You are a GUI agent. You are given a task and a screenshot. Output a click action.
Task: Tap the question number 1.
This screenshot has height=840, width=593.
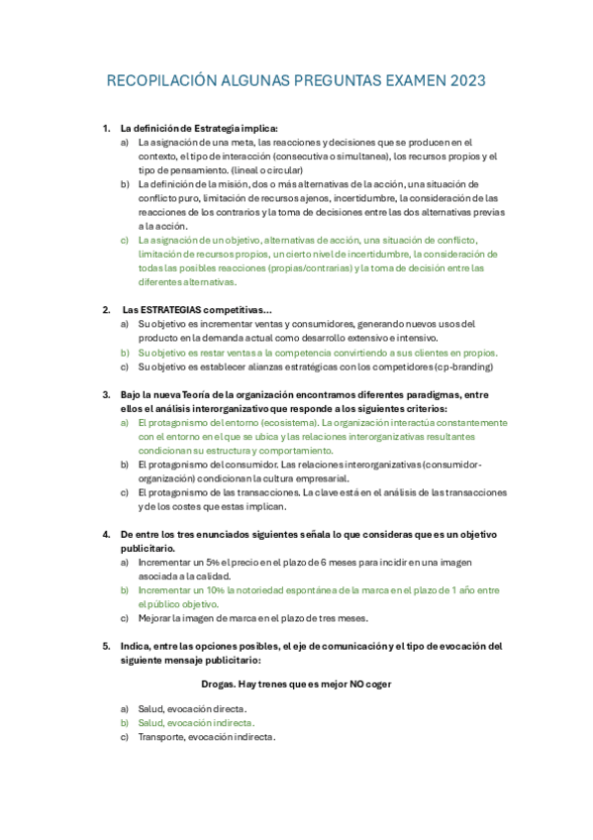[x=106, y=129]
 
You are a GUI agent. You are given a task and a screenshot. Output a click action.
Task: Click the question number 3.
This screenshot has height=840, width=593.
[x=106, y=394]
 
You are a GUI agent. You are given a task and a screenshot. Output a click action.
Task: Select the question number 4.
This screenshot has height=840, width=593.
[x=106, y=534]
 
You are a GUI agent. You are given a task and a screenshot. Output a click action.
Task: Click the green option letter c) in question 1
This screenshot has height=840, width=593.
[x=125, y=240]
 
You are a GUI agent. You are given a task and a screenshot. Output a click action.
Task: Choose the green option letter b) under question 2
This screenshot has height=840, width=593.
[x=125, y=352]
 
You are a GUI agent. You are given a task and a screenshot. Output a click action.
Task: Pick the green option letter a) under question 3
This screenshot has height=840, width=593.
[x=125, y=422]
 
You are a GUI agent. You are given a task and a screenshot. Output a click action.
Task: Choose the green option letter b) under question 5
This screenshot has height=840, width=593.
[x=125, y=723]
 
